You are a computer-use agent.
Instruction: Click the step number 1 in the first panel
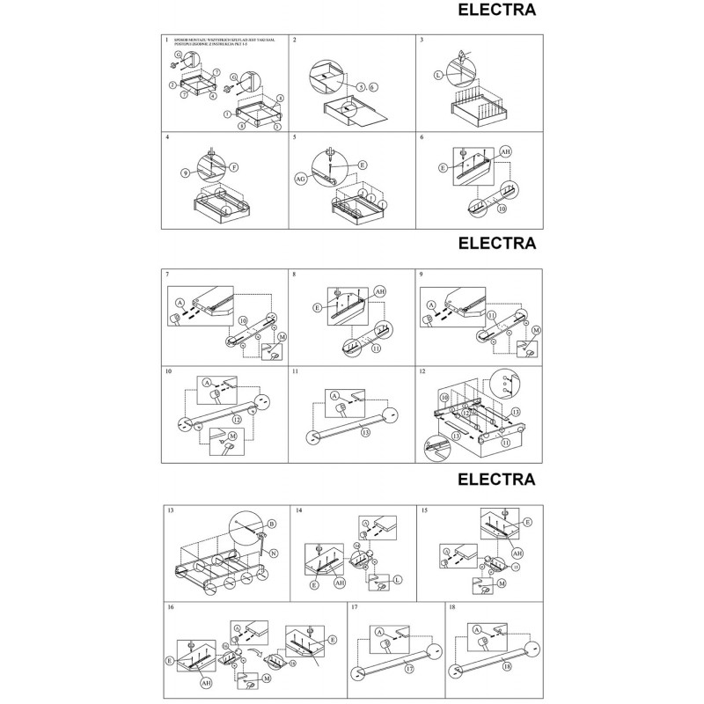point(167,40)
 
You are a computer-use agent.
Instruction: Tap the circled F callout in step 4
point(234,166)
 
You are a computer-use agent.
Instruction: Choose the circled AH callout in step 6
point(505,152)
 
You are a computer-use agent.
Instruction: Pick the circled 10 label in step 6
point(502,210)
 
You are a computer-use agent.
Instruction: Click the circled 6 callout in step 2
point(373,87)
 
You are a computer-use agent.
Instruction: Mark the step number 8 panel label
point(295,275)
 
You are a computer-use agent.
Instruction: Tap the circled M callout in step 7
point(282,337)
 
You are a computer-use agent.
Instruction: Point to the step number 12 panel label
point(424,373)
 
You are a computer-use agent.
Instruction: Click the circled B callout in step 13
point(271,524)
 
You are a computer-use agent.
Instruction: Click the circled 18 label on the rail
point(507,669)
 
